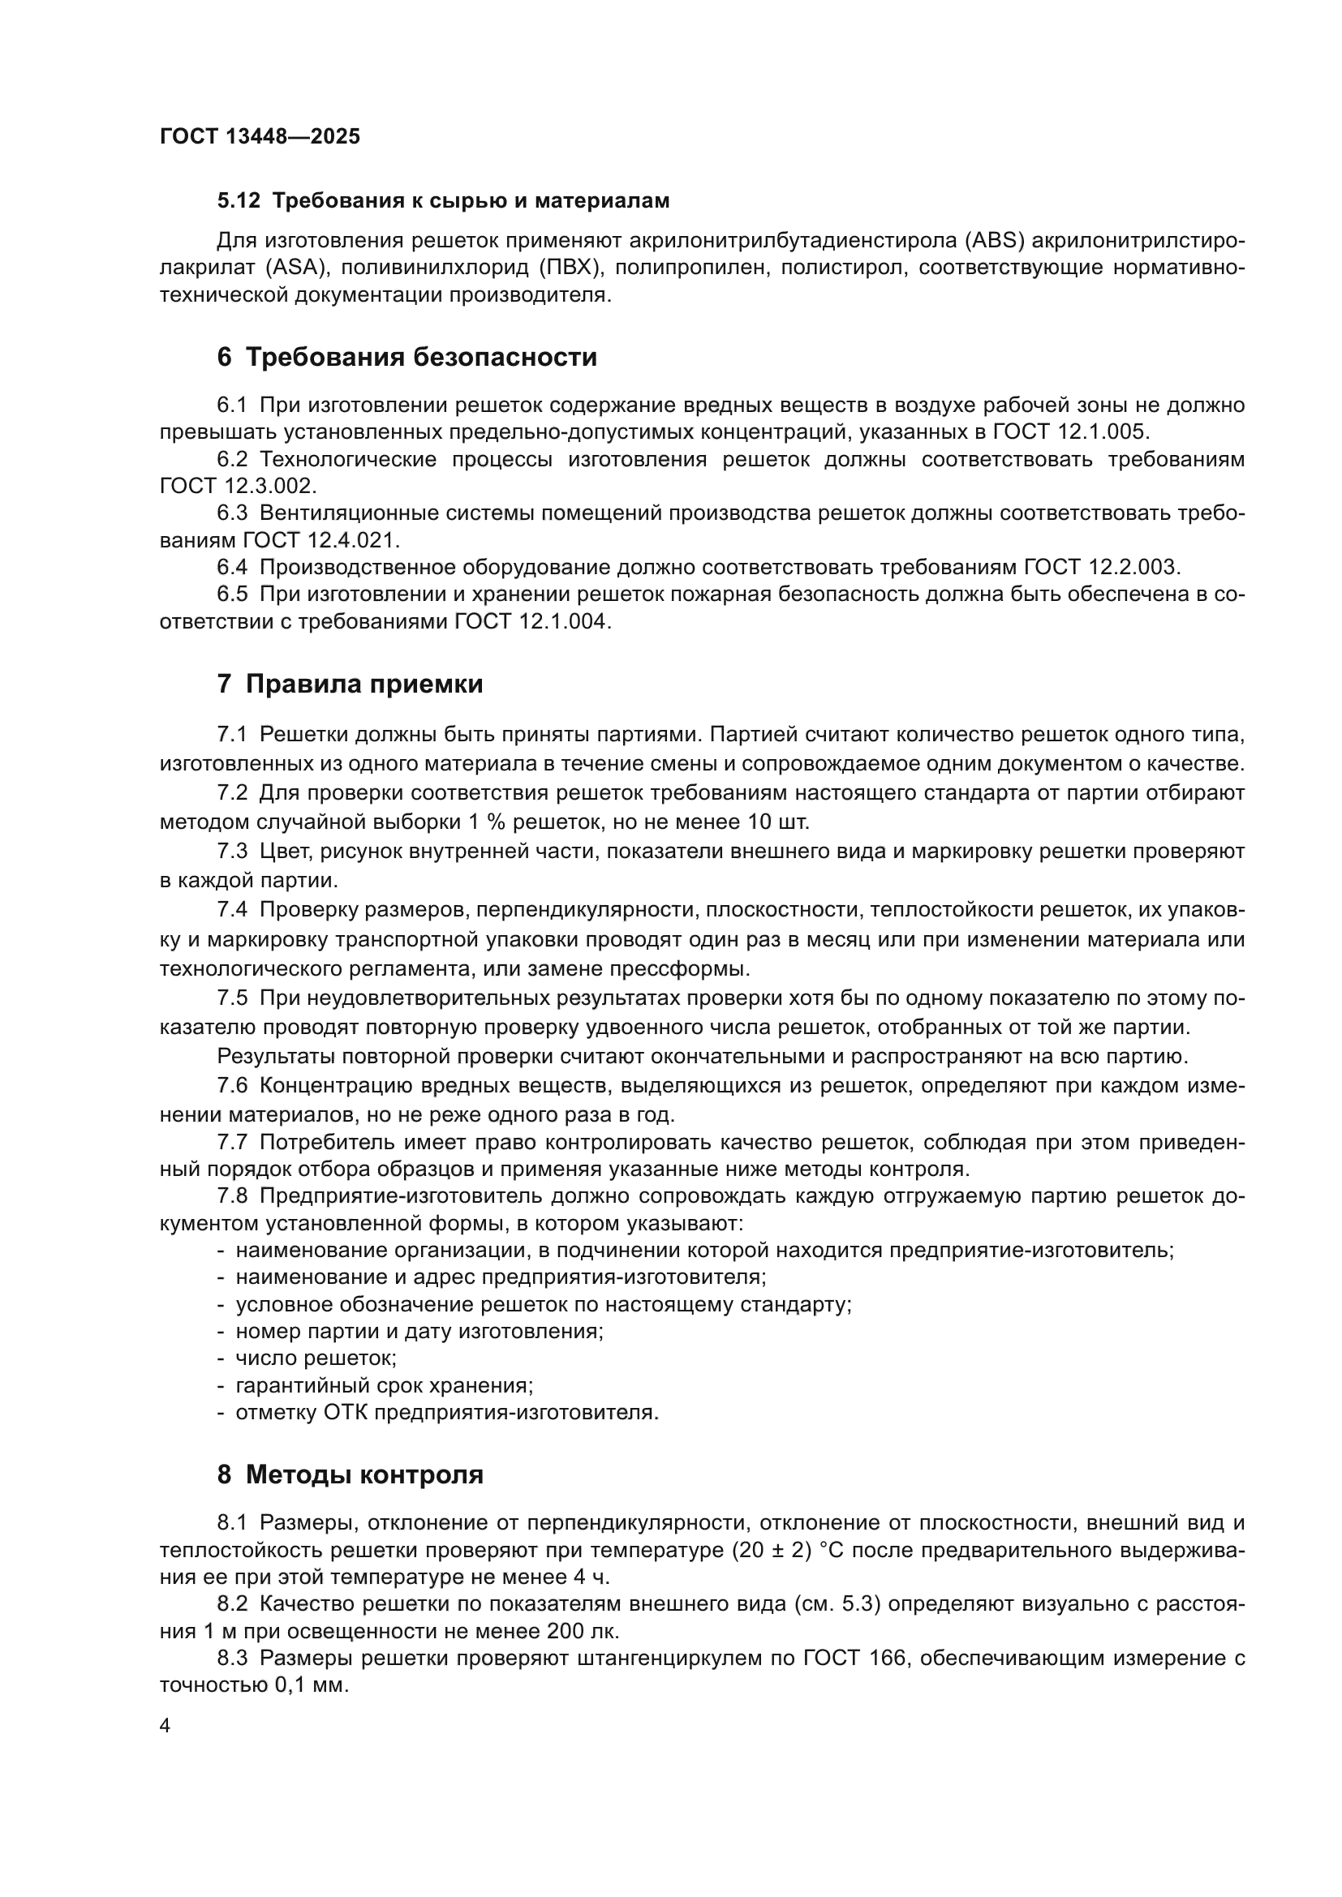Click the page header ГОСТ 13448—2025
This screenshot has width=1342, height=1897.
(260, 136)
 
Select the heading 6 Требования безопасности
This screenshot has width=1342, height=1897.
(406, 358)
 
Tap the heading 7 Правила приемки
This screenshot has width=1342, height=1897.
(350, 685)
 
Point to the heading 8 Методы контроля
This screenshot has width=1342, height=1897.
(350, 1474)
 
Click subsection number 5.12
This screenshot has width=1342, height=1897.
(239, 201)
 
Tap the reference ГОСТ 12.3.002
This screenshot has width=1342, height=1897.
(238, 485)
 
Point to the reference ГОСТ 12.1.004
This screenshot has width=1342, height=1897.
(532, 621)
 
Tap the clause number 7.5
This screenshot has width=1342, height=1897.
(232, 998)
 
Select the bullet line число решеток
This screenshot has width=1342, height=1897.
(316, 1358)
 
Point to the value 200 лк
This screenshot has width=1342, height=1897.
(583, 1632)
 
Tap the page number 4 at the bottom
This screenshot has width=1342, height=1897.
(166, 1726)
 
